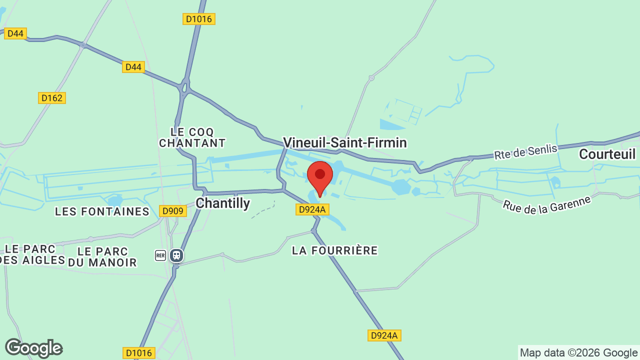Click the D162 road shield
click(x=52, y=98)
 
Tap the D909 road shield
click(x=173, y=211)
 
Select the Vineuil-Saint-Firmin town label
click(x=345, y=143)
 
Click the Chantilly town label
click(x=222, y=203)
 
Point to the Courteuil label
click(x=607, y=154)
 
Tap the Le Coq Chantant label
click(x=192, y=137)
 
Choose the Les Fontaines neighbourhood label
click(x=102, y=211)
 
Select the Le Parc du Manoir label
click(x=102, y=256)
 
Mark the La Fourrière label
click(x=335, y=250)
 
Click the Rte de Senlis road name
click(x=525, y=148)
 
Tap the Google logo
click(x=33, y=348)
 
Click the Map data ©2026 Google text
click(x=578, y=352)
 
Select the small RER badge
click(x=160, y=256)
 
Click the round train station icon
click(x=176, y=256)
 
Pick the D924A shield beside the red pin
click(x=313, y=209)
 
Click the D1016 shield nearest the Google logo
click(x=139, y=353)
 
